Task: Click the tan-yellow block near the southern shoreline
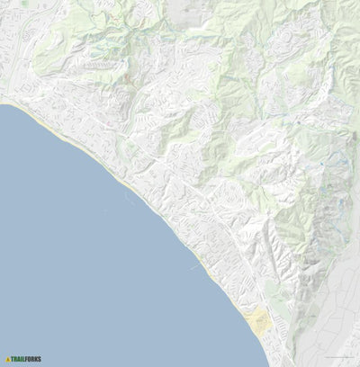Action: [x=258, y=321]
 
